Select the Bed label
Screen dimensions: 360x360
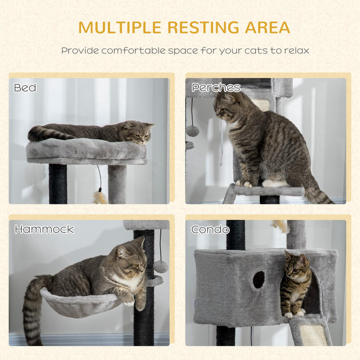[25, 88]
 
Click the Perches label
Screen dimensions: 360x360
[216, 88]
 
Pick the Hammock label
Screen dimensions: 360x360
[44, 229]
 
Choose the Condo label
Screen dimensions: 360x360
[210, 229]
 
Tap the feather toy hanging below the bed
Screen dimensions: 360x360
[100, 196]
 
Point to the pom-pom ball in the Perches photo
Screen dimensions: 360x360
[192, 131]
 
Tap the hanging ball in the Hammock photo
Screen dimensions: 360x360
[160, 266]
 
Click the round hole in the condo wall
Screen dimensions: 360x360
[258, 279]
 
